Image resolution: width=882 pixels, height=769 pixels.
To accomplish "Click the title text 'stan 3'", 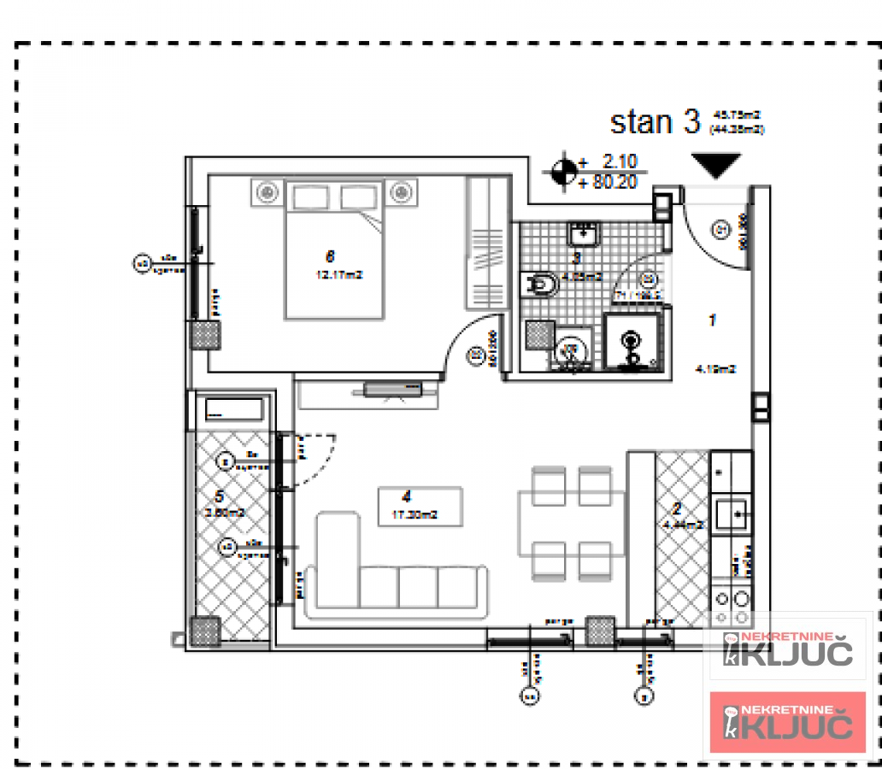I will pos(655,121).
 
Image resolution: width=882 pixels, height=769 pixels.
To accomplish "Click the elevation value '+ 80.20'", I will pos(608,182).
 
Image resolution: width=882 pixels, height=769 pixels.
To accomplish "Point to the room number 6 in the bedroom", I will pos(330,255).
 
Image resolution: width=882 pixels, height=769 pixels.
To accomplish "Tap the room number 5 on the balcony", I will pos(220,496).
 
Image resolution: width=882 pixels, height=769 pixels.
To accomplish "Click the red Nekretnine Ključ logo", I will pos(788,723).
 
